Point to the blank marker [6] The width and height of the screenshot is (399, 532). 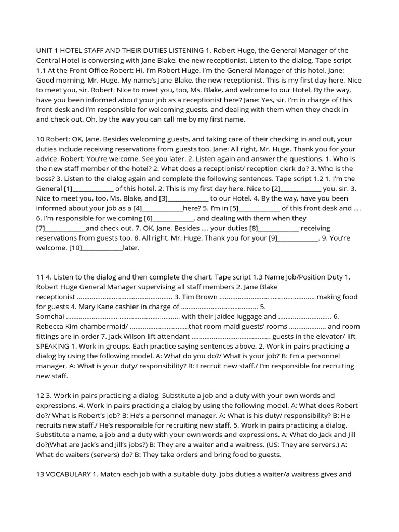click(149, 218)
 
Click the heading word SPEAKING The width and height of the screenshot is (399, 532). click(56, 346)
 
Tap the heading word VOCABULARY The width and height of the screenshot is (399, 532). click(69, 474)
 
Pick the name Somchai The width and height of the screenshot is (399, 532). click(50, 316)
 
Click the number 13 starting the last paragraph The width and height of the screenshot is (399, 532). click(41, 474)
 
